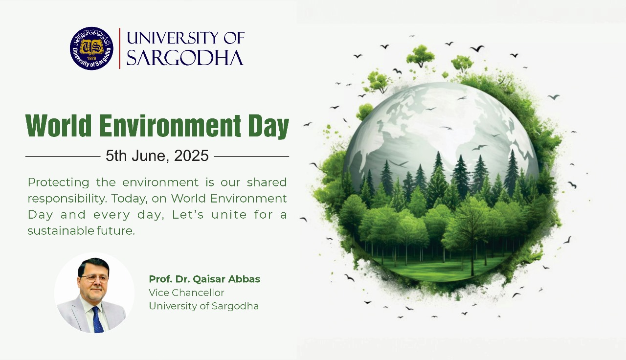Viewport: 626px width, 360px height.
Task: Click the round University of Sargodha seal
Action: pos(91,48)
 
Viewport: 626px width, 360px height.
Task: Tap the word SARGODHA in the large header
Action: pos(185,58)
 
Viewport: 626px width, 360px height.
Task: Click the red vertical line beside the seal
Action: pos(120,48)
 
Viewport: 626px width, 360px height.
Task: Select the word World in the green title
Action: pos(58,126)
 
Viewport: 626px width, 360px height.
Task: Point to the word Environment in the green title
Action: pos(170,126)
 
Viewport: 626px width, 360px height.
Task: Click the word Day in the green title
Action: pos(268,127)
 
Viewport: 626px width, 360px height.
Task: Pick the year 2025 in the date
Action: pos(191,156)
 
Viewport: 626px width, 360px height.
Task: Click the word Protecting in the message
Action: pos(58,183)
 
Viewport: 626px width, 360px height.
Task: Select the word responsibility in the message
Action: pos(67,199)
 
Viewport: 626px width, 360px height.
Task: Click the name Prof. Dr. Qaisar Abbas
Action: pos(204,279)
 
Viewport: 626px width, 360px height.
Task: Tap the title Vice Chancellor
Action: pos(186,292)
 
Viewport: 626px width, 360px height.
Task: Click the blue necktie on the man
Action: pos(97,319)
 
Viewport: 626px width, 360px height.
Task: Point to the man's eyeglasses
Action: pos(94,278)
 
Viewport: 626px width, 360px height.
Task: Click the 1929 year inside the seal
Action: pos(91,58)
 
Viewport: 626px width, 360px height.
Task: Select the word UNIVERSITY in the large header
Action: pos(173,38)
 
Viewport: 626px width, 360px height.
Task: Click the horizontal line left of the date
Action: pos(63,157)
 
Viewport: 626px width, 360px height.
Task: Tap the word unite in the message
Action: pos(229,215)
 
